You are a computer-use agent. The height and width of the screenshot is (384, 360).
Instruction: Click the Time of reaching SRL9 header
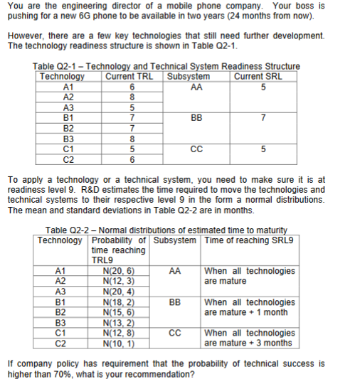[249, 240]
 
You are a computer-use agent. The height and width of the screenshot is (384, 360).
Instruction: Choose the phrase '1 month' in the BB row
[272, 312]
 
